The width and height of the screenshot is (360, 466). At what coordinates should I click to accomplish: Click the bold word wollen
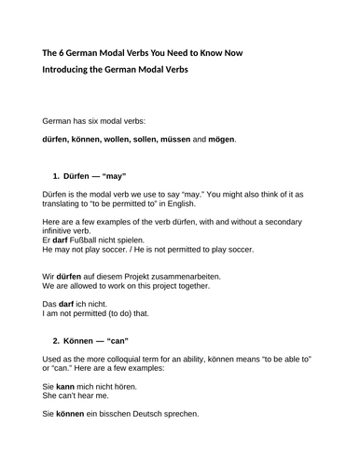pos(116,140)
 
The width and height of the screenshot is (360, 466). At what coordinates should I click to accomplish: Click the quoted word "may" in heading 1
pos(111,176)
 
